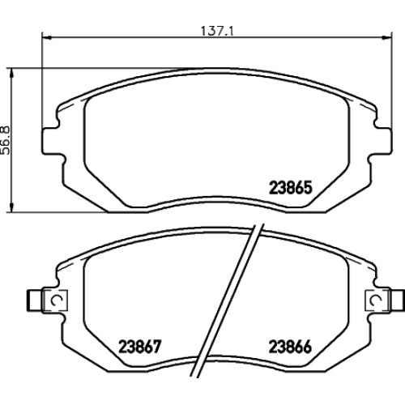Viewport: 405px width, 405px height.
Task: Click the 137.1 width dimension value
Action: point(217,31)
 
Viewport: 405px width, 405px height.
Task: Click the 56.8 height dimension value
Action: point(6,140)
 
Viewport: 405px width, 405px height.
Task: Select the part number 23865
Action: point(291,187)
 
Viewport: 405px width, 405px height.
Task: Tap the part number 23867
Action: point(140,347)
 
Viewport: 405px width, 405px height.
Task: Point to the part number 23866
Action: point(290,347)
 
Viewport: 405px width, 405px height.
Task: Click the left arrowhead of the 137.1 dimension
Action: point(47,37)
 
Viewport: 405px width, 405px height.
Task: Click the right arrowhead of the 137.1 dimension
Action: point(386,37)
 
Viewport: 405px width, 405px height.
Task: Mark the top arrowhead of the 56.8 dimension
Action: point(11,73)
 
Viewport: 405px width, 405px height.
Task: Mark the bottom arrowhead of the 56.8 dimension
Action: point(11,207)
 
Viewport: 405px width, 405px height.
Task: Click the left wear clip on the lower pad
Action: point(55,300)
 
